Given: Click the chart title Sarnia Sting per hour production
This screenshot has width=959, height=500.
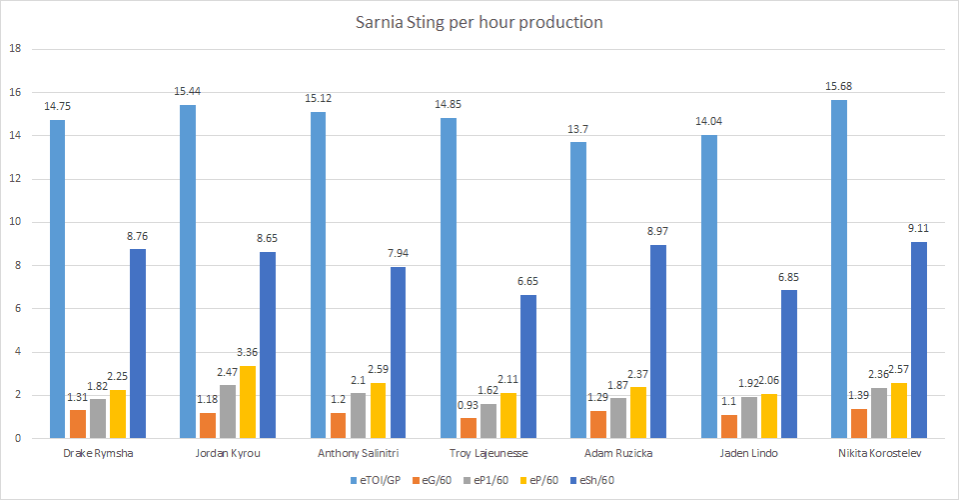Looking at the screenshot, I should [x=479, y=22].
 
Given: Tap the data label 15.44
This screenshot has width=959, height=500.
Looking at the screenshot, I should [x=188, y=91].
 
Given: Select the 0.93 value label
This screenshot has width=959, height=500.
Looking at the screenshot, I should [x=469, y=404].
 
